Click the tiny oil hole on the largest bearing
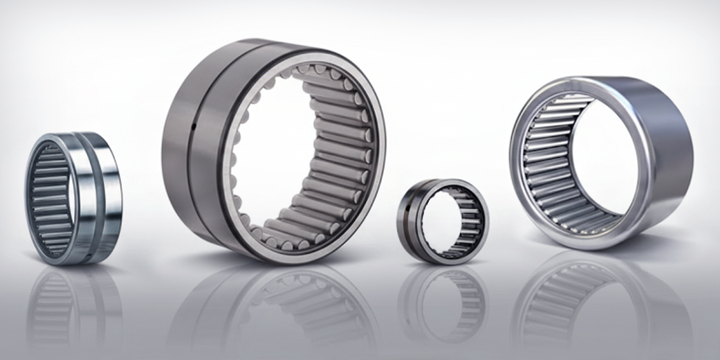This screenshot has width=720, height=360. coord(193,127)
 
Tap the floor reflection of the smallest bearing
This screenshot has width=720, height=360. coord(443,299)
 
